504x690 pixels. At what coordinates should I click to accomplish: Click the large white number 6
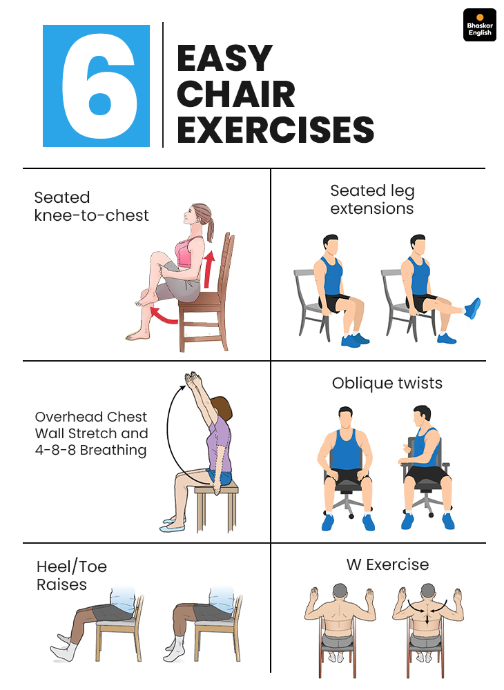pyautogui.click(x=99, y=86)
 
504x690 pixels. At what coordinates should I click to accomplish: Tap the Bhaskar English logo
pyautogui.click(x=479, y=25)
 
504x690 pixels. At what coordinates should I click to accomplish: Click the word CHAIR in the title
pyautogui.click(x=236, y=94)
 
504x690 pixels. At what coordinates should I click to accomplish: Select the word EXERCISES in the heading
pyautogui.click(x=275, y=130)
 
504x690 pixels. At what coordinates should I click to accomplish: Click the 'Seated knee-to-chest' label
pyautogui.click(x=92, y=206)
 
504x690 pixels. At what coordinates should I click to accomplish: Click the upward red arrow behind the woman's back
pyautogui.click(x=209, y=269)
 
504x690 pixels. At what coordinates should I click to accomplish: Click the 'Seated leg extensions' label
pyautogui.click(x=372, y=199)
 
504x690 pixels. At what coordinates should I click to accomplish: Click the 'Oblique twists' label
pyautogui.click(x=387, y=383)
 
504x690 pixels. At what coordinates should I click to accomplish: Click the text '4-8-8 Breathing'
pyautogui.click(x=90, y=450)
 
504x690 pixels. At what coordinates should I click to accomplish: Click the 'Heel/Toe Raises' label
pyautogui.click(x=72, y=575)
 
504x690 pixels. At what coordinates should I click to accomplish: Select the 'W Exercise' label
pyautogui.click(x=387, y=564)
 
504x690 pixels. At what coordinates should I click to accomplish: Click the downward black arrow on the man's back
pyautogui.click(x=427, y=618)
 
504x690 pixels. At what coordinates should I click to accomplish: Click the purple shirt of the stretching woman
pyautogui.click(x=220, y=444)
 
